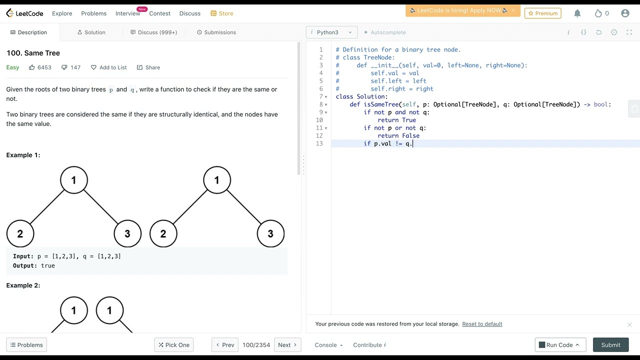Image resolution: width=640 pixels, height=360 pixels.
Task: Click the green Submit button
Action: coord(610,345)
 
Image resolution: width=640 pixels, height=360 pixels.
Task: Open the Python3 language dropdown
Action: coord(331,32)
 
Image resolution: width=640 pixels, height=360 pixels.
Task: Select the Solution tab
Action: coord(91,32)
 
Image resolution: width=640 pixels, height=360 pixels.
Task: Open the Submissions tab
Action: coord(216,32)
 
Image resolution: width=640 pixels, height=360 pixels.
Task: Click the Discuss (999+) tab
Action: coord(153,32)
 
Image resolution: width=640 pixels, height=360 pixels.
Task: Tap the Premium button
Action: coord(543,13)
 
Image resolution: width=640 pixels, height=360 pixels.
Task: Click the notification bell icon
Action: coord(577,13)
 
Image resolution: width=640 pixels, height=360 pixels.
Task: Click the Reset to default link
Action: coord(482,323)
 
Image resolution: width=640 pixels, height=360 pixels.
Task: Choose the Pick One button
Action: coord(173,345)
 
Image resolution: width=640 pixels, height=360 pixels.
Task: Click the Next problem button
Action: coord(287,345)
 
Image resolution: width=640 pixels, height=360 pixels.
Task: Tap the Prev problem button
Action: coord(225,345)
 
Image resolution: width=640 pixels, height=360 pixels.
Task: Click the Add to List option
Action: coord(109,67)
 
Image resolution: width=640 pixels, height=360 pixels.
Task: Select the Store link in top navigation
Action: coord(221,13)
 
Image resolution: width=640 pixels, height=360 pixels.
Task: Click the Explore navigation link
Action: coord(62,13)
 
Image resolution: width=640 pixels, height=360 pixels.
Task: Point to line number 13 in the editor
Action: coord(319,143)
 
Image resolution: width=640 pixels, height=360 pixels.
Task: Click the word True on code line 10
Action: coord(409,120)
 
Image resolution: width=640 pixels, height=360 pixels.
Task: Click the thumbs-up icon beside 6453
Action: coord(31,67)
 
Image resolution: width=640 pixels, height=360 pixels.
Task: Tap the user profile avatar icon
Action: coord(625,13)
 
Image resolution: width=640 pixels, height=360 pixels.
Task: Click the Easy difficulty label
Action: coord(12,67)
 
